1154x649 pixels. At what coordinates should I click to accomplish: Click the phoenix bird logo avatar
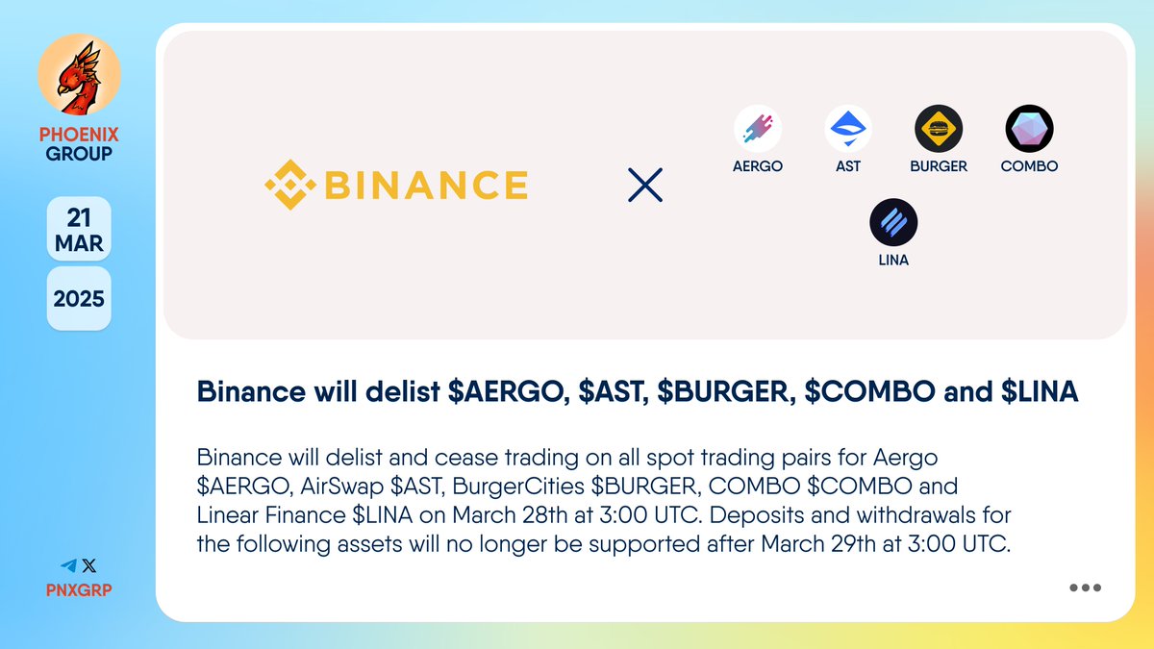click(79, 74)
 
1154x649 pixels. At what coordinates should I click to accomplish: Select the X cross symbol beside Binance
click(644, 185)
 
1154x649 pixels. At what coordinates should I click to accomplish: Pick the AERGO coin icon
click(758, 128)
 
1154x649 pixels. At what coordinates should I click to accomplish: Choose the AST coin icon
click(848, 128)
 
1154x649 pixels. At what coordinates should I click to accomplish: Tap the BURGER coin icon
click(939, 128)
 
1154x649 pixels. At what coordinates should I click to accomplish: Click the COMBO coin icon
click(1029, 128)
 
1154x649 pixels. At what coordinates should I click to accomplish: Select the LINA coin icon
click(893, 223)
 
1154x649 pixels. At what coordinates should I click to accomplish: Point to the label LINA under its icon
click(893, 260)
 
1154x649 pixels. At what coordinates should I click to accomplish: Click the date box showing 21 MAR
click(79, 229)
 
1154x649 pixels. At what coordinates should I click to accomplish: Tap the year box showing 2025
click(79, 298)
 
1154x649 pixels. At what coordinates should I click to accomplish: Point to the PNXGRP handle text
click(79, 589)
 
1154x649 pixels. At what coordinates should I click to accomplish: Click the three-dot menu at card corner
click(1085, 587)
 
